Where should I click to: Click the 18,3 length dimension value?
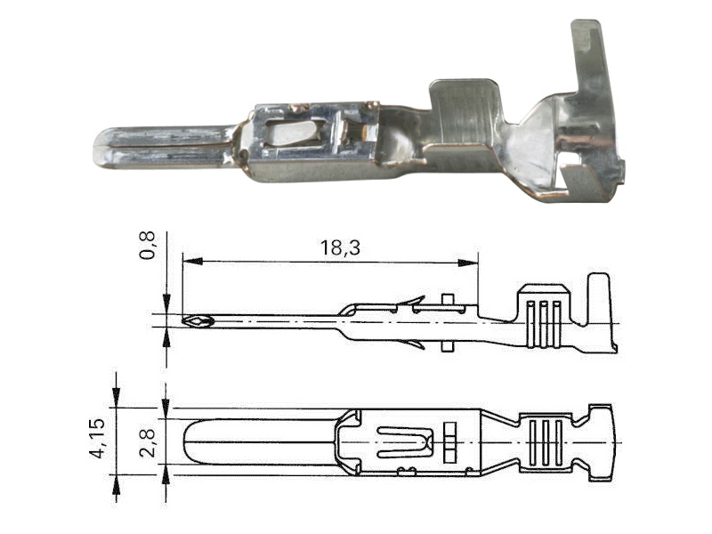click(x=340, y=248)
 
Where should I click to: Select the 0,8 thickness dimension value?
click(x=147, y=246)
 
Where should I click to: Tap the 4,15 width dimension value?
click(x=98, y=438)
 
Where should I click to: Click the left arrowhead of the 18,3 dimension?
click(x=192, y=262)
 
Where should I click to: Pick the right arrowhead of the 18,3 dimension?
click(x=468, y=263)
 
